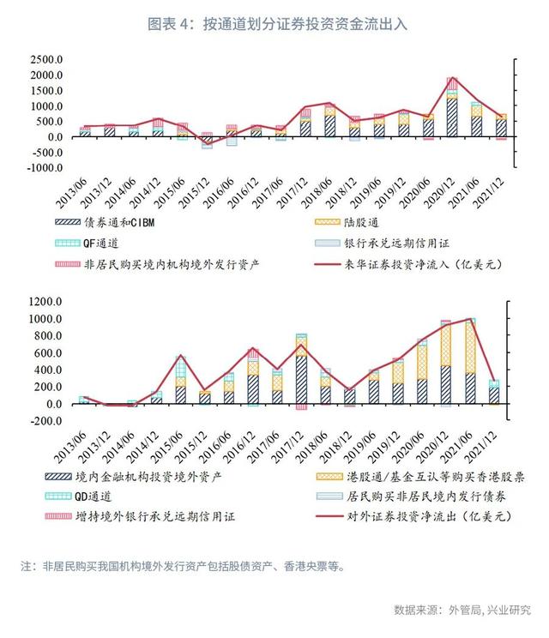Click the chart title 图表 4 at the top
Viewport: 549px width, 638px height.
click(x=168, y=24)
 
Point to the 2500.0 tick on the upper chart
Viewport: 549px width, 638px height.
click(x=46, y=59)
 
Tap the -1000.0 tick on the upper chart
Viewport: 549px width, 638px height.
click(x=45, y=167)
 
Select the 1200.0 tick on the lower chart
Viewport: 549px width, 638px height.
click(x=45, y=302)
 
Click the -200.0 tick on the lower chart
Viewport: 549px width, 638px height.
click(x=45, y=421)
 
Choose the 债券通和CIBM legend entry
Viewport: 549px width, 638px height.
click(x=105, y=223)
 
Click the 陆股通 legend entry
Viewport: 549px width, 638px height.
click(x=347, y=223)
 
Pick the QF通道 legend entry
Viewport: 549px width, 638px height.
click(x=87, y=244)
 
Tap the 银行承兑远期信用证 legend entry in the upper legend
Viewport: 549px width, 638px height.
click(x=382, y=244)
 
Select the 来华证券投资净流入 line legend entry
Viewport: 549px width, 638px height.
click(x=408, y=264)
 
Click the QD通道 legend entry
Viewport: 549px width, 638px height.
click(x=79, y=497)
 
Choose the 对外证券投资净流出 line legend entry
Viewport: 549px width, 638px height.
click(x=413, y=516)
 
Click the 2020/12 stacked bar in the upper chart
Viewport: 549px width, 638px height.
click(x=452, y=107)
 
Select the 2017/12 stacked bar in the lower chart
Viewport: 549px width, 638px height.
click(x=302, y=371)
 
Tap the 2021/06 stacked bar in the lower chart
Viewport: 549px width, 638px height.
click(x=470, y=361)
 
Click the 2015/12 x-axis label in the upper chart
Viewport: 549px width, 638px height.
click(x=195, y=193)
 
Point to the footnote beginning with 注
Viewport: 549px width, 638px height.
click(x=183, y=566)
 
